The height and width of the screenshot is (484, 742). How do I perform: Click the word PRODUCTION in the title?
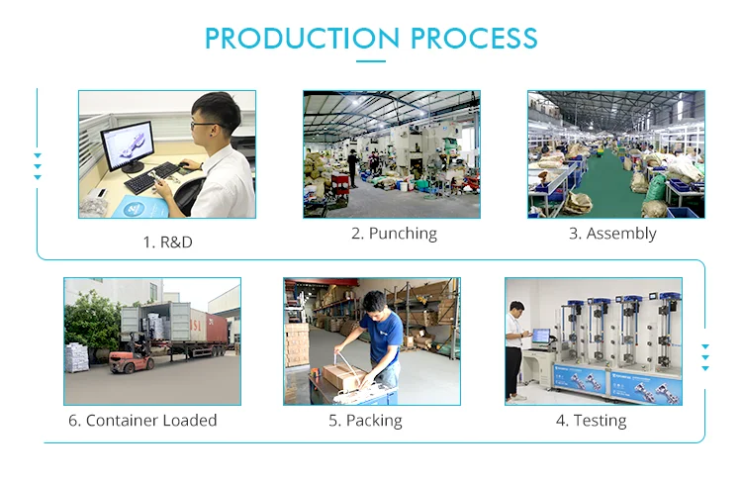click(x=302, y=39)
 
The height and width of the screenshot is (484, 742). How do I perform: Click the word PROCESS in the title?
click(x=474, y=39)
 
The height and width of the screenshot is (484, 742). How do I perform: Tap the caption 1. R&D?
click(x=167, y=242)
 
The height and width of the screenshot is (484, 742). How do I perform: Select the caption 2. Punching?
click(x=394, y=234)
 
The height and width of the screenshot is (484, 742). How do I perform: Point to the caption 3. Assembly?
click(x=612, y=234)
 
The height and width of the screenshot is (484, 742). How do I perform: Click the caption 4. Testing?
click(x=591, y=421)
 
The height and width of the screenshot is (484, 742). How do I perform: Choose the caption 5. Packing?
click(x=365, y=421)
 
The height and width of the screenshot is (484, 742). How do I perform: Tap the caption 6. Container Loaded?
click(x=142, y=421)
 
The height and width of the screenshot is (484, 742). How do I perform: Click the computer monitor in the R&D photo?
click(x=128, y=145)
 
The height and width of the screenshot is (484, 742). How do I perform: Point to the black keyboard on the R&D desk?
click(x=152, y=177)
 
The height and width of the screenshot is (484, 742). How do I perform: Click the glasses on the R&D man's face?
click(x=205, y=125)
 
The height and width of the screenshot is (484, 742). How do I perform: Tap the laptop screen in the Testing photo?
click(x=541, y=336)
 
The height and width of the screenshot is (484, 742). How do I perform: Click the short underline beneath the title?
click(x=371, y=61)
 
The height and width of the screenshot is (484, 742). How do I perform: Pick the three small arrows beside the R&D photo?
click(x=38, y=166)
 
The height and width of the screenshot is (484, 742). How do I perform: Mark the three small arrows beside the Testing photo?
click(x=705, y=357)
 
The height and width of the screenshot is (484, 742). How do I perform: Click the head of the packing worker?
click(x=375, y=304)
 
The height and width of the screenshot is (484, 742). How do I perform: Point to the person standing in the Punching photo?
click(x=352, y=168)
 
